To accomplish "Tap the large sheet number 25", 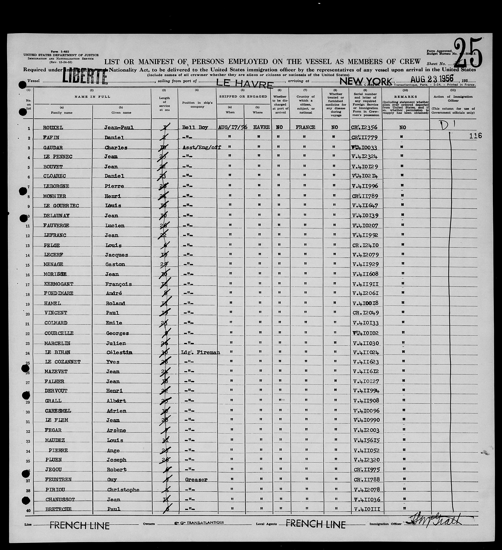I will [x=468, y=53].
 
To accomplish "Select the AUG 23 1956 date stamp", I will [x=432, y=79].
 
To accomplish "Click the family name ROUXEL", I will [x=53, y=128].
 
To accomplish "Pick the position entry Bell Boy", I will [x=195, y=127].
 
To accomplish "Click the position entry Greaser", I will [x=196, y=479].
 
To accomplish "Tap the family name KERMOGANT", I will [x=59, y=284].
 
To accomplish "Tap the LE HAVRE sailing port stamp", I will [x=245, y=84].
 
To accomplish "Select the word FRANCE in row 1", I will [x=306, y=127].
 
